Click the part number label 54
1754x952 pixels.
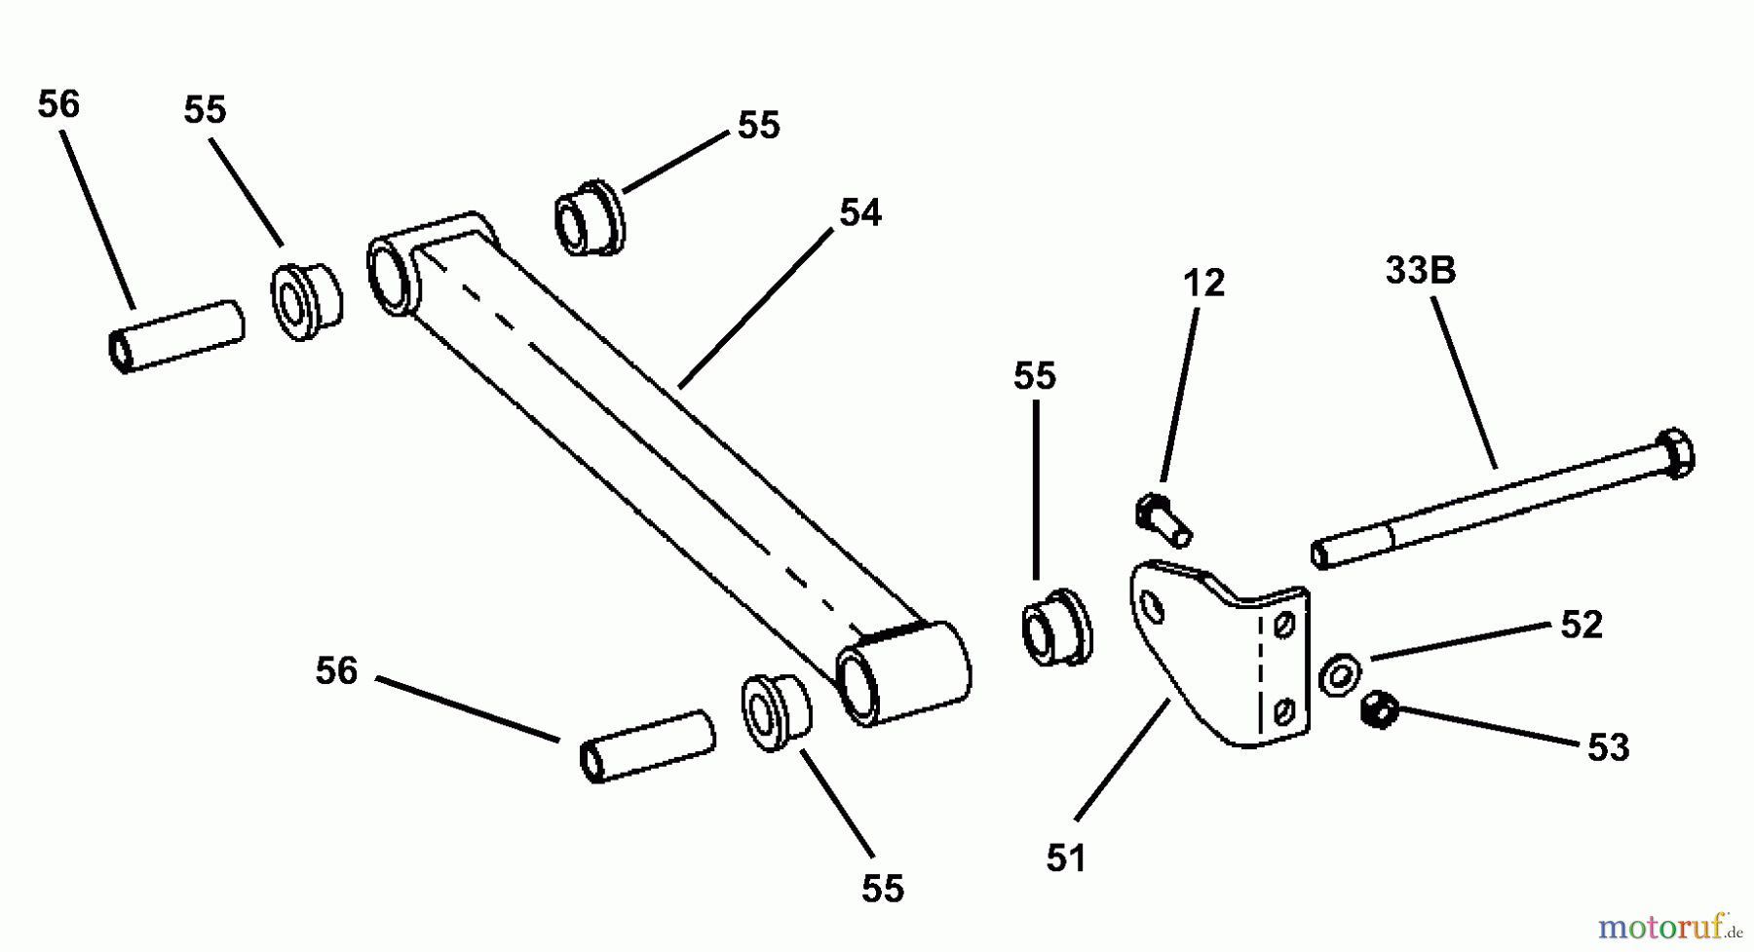[x=859, y=213]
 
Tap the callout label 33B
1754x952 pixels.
[x=1421, y=270]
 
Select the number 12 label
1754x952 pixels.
[x=1203, y=284]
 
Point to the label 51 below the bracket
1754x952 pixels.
[x=1066, y=858]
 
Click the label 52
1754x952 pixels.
[x=1581, y=625]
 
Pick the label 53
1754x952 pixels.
[x=1608, y=748]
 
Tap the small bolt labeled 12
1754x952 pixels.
[x=1163, y=521]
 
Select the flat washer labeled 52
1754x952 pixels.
[x=1340, y=674]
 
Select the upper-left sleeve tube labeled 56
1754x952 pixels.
[x=175, y=336]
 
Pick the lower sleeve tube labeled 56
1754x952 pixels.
[x=648, y=746]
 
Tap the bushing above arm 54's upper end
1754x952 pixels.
[x=590, y=218]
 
